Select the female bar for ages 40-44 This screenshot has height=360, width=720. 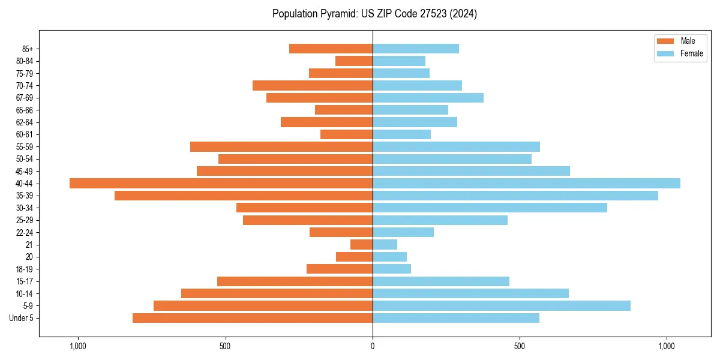526,184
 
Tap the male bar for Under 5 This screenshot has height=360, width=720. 253,318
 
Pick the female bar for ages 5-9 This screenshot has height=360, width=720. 502,306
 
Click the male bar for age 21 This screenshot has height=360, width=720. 361,245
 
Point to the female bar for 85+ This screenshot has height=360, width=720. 416,49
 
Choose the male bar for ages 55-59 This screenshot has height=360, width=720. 281,147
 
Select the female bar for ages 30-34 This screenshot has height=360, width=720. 490,208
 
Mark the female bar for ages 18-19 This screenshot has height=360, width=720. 392,269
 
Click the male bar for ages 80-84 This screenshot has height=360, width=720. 354,61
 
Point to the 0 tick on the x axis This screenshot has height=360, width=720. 373,346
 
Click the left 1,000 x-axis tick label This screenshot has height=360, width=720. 78,346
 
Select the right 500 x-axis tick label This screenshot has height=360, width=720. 520,346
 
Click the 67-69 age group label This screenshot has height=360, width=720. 25,98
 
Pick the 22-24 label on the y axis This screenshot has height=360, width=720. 25,233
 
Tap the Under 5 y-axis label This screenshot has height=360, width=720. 22,318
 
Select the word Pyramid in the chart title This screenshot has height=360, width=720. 337,14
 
